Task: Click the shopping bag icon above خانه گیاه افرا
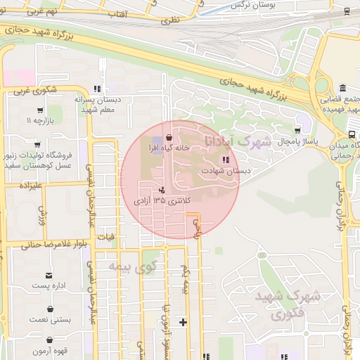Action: tap(169, 137)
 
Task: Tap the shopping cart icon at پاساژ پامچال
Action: tap(298, 131)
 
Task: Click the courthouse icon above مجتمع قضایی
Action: tap(342, 88)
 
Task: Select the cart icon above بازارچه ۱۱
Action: tap(39, 110)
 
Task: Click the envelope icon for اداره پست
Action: tap(49, 275)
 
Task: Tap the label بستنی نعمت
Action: tap(51, 319)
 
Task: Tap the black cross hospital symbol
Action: tap(184, 323)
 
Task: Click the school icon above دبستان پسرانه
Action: tap(98, 89)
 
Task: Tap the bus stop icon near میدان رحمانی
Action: tap(351, 135)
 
